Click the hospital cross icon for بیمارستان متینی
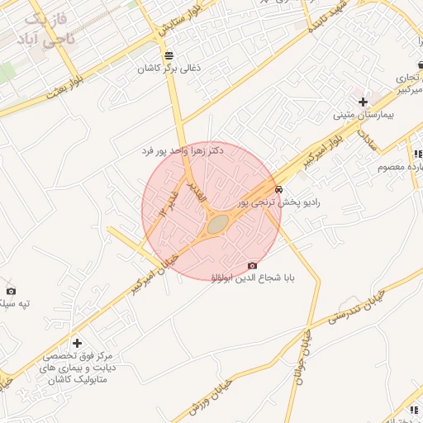click(x=363, y=101)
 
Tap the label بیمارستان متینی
click(x=364, y=116)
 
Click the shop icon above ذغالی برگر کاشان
click(x=169, y=55)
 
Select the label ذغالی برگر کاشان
click(x=169, y=70)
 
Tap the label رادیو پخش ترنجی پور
click(x=278, y=202)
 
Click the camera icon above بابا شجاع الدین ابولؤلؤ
click(x=252, y=265)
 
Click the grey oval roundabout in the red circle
click(x=217, y=223)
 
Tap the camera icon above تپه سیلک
click(x=11, y=290)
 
